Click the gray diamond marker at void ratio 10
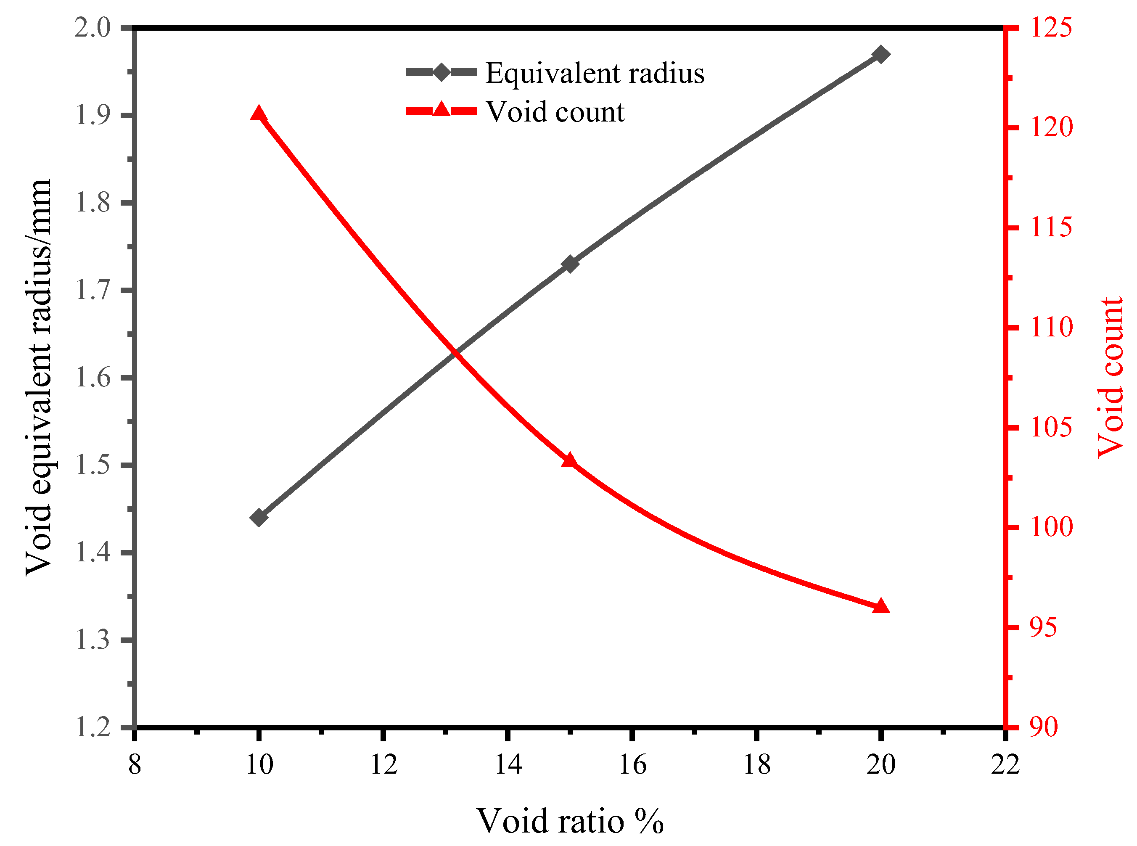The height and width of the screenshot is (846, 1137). tap(259, 518)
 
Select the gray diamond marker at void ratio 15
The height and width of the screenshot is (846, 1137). tap(570, 264)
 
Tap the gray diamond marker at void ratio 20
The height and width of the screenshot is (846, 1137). tap(881, 54)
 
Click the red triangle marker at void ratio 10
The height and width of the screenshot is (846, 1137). tap(259, 114)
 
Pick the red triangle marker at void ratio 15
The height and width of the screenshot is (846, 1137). tap(570, 461)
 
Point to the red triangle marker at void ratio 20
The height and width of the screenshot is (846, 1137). tap(881, 606)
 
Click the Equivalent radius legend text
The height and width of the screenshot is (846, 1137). tap(595, 73)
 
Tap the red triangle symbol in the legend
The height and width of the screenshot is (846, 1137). tap(442, 110)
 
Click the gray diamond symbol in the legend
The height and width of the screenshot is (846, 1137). tap(442, 72)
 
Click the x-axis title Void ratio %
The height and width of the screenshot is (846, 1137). tap(570, 821)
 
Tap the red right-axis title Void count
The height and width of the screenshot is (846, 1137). tap(1111, 378)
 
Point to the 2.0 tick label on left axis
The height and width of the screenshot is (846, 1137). tap(93, 28)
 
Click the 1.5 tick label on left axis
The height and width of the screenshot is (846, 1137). tap(93, 465)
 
